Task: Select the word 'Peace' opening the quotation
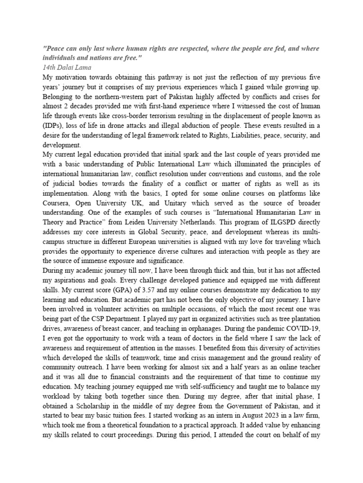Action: (x=56, y=49)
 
